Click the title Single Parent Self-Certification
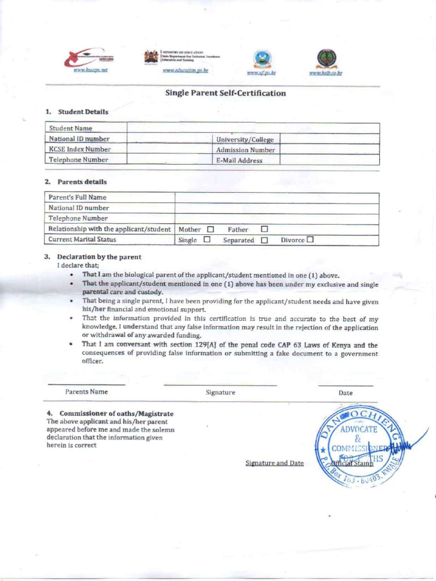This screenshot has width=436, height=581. pyautogui.click(x=225, y=93)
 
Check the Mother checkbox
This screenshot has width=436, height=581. pyautogui.click(x=210, y=230)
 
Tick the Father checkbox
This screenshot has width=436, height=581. pyautogui.click(x=264, y=230)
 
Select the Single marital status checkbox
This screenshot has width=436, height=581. pyautogui.click(x=207, y=240)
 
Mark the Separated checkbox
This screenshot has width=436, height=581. pyautogui.click(x=264, y=240)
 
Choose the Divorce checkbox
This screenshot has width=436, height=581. pyautogui.click(x=310, y=239)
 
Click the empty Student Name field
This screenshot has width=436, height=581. pyautogui.click(x=253, y=128)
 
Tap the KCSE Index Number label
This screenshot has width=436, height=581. pyautogui.click(x=79, y=149)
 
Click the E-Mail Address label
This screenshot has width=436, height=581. pyautogui.click(x=239, y=161)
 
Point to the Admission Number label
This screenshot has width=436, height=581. pyautogui.click(x=245, y=150)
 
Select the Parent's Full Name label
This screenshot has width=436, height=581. pyautogui.click(x=77, y=197)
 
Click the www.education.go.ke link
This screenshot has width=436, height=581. pyautogui.click(x=186, y=71)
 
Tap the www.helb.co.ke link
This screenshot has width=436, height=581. pyautogui.click(x=325, y=73)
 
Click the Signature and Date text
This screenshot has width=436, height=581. pyautogui.click(x=274, y=463)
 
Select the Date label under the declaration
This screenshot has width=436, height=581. pyautogui.click(x=345, y=393)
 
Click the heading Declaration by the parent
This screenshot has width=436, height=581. pyautogui.click(x=99, y=257)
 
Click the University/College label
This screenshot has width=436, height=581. pyautogui.click(x=245, y=140)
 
